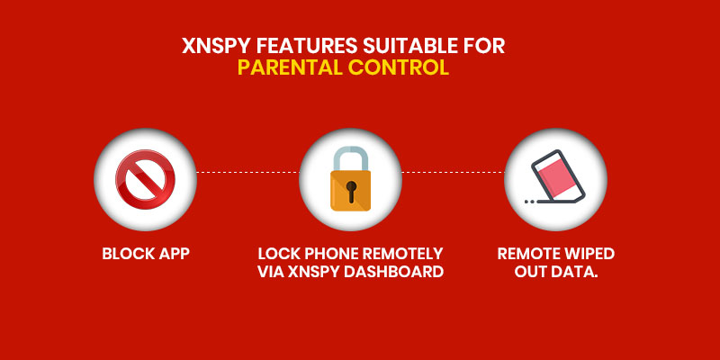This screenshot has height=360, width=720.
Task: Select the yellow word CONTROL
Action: point(398,67)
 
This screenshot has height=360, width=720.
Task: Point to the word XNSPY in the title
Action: point(216,47)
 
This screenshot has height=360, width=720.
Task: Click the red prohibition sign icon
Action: point(145,179)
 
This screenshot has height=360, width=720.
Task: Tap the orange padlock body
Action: point(351,191)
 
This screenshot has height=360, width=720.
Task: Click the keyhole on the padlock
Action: point(351,191)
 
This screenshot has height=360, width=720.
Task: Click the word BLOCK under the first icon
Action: point(127,254)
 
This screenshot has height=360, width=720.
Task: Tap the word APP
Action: point(174,254)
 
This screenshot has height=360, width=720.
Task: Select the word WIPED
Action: point(589,254)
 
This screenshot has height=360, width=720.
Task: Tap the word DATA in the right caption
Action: point(575,272)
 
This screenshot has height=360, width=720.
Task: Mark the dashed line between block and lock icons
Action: point(248,172)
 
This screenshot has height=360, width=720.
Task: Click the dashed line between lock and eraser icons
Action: point(454,172)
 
